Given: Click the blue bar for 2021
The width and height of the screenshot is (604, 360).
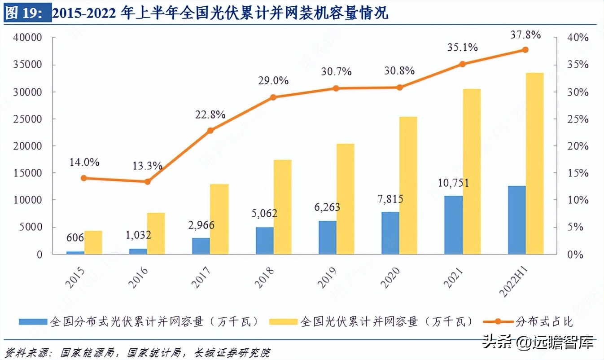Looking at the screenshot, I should point(453,225).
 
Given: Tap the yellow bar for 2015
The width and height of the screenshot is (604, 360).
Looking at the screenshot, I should point(93,242).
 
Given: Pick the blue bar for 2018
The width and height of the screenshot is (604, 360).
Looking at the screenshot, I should point(265,241).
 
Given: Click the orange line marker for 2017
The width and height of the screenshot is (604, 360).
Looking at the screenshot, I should point(210,131).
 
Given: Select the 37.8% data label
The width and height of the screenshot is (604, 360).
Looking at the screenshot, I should point(525,35).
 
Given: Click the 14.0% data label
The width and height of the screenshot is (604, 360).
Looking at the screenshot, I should point(84,162).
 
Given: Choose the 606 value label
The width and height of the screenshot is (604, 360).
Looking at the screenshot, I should point(75,238).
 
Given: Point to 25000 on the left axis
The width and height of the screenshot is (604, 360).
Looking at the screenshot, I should point(27,119).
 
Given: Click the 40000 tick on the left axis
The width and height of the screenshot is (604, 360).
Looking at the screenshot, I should point(27,38).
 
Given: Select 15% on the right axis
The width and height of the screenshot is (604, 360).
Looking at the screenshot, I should point(577,173).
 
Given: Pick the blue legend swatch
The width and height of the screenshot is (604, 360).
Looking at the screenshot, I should point(33,321).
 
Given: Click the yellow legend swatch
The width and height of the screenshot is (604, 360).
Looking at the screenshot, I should point(283,321).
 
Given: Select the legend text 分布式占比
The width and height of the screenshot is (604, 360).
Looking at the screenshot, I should point(544,321).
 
